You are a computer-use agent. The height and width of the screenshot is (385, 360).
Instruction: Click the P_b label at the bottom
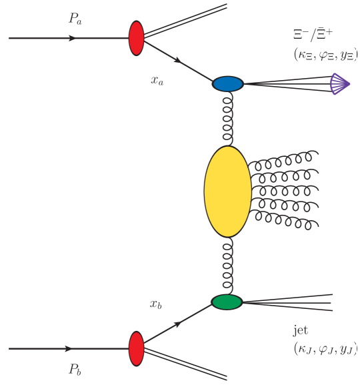75,369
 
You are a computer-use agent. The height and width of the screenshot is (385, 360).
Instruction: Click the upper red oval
137,37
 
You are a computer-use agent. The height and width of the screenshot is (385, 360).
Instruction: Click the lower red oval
137,348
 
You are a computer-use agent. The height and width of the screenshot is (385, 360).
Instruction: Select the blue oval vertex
228,84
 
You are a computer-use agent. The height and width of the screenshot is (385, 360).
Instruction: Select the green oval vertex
227,302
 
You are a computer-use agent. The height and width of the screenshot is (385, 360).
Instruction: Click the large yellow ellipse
227,192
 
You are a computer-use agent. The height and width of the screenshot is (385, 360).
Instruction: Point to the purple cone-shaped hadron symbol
340,83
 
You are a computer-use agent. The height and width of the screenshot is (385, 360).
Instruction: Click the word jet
301,330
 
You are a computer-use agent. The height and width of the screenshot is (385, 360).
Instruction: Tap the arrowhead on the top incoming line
73,38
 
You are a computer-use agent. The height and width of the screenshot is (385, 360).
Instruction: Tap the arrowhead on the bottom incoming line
69,348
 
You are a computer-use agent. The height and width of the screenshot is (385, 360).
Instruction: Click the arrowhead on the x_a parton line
179,61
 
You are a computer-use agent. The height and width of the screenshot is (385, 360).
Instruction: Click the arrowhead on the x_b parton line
178,325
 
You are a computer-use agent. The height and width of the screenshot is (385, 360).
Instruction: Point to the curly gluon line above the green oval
228,266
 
